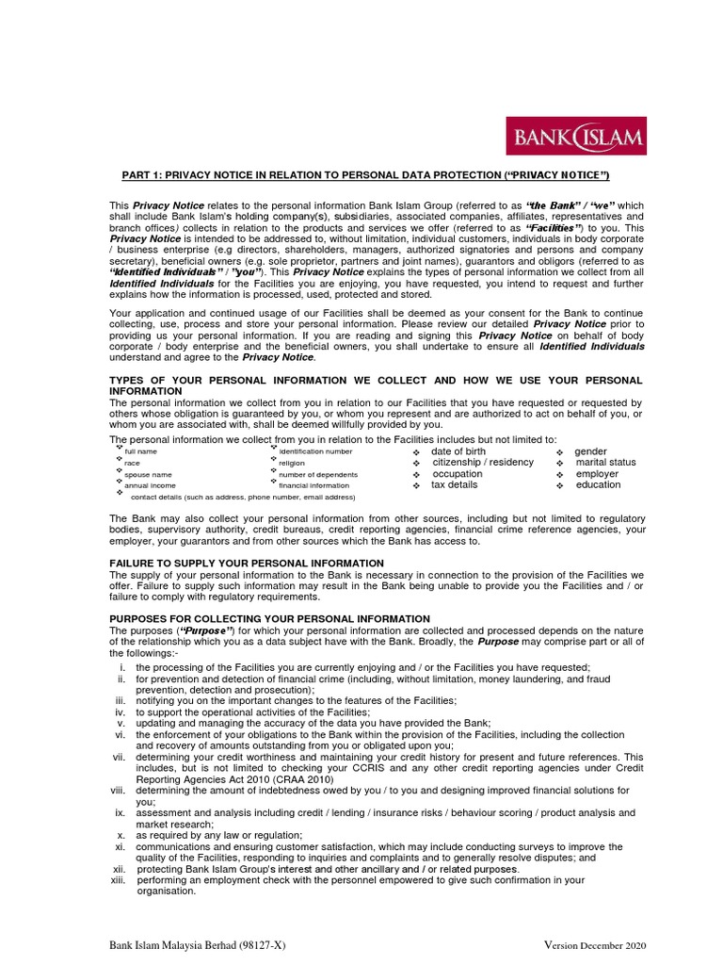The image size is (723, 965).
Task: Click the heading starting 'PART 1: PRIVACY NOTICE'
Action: (x=366, y=176)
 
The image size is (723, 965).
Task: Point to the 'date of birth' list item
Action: (x=458, y=452)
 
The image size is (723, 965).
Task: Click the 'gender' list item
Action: (x=590, y=452)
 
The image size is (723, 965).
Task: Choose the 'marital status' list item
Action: (x=605, y=463)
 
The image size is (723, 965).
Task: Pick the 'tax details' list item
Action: (x=454, y=485)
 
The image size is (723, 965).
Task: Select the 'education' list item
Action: (x=598, y=485)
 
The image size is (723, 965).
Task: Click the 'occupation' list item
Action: (x=458, y=474)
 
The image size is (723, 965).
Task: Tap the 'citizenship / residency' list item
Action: (x=483, y=463)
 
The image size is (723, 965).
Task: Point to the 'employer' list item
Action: (x=597, y=474)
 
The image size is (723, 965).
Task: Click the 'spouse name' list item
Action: (x=148, y=475)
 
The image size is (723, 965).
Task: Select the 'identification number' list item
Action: (x=315, y=452)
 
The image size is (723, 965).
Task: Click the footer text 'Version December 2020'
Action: (x=595, y=945)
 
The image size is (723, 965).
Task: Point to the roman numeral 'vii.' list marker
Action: (x=119, y=757)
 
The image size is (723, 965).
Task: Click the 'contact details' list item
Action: (x=242, y=497)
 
